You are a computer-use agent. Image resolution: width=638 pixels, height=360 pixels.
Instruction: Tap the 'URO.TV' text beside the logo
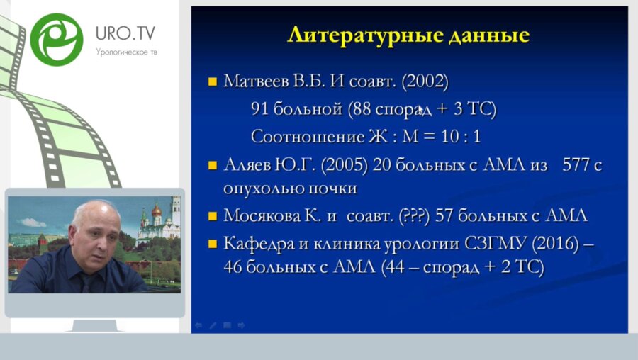point(125,33)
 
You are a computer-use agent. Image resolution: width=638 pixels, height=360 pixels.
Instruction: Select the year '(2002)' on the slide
point(425,81)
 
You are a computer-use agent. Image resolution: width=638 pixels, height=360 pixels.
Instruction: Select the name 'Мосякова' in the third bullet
point(260,215)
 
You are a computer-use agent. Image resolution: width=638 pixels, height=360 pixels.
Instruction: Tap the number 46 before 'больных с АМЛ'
point(233,269)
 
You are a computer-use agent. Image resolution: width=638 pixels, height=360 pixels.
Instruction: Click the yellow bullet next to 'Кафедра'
point(212,244)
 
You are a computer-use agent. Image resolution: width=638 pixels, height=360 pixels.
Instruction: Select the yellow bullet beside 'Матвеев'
point(212,82)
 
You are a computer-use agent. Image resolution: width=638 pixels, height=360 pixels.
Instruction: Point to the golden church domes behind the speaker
point(157,210)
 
